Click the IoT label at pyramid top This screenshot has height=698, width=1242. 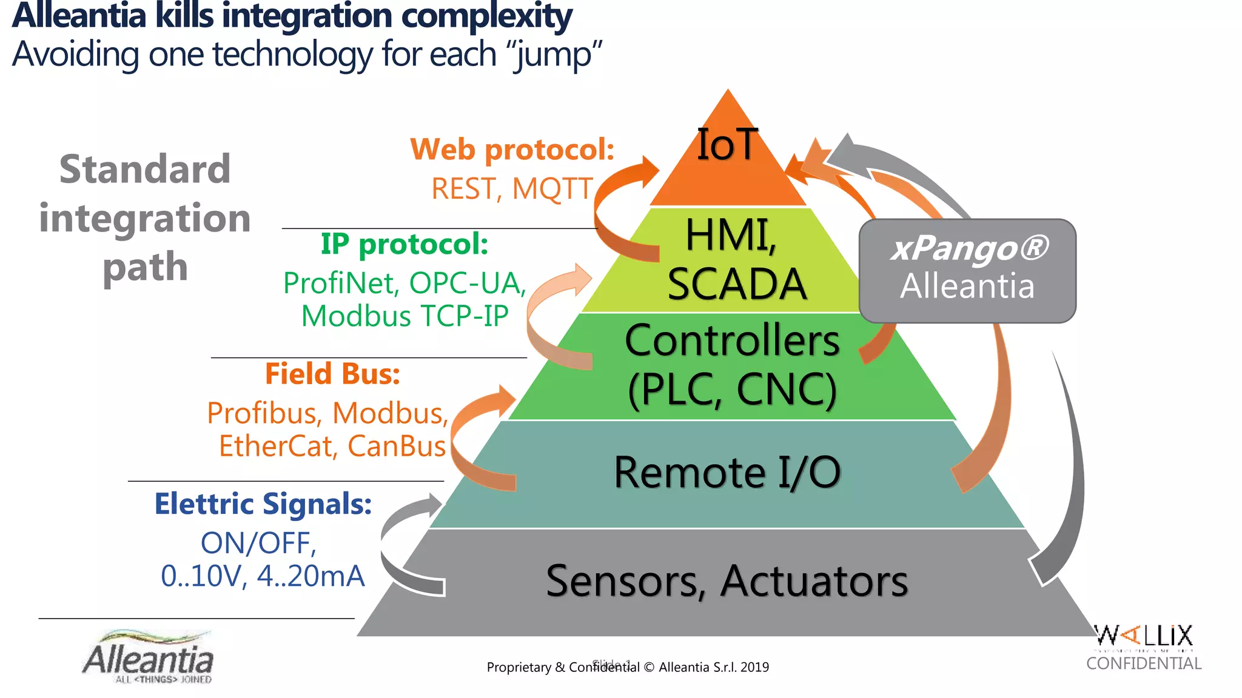tap(727, 145)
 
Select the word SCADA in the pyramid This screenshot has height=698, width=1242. tap(737, 284)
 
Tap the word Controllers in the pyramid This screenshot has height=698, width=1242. tap(732, 341)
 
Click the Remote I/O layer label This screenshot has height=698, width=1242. tap(727, 472)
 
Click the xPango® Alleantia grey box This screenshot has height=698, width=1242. tap(967, 270)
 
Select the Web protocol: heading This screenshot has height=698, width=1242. tap(512, 149)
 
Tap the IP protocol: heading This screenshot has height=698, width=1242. tap(404, 244)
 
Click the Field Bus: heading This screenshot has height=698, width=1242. tap(332, 374)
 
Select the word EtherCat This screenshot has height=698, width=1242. tap(277, 447)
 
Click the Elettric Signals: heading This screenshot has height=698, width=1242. tap(263, 504)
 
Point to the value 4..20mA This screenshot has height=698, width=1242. tap(311, 576)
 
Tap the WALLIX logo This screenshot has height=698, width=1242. tap(1144, 636)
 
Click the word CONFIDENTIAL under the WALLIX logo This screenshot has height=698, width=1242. tap(1144, 663)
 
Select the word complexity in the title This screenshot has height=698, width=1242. tap(486, 16)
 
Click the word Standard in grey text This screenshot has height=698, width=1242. tap(145, 169)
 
